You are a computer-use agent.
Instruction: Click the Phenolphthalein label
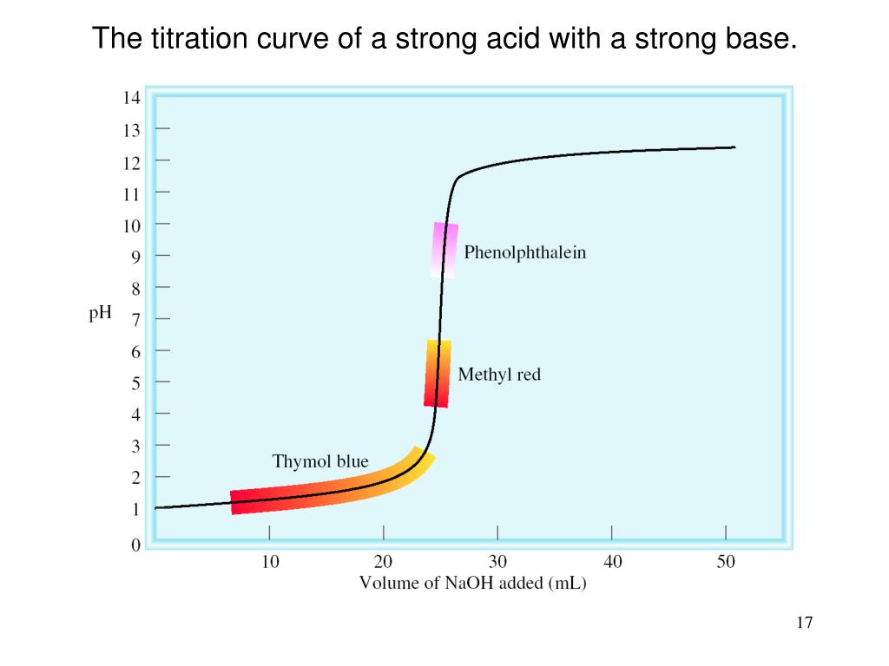click(x=524, y=252)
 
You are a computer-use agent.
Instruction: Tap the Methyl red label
click(x=499, y=375)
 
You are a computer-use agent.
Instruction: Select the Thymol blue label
click(x=320, y=461)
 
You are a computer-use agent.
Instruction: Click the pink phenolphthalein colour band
click(x=444, y=250)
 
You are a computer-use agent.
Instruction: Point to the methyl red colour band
click(x=438, y=374)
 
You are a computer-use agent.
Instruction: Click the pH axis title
click(x=101, y=314)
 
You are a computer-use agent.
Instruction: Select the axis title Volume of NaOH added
click(x=473, y=584)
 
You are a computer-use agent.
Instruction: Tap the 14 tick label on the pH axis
click(x=131, y=98)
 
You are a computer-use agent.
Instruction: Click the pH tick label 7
click(x=135, y=319)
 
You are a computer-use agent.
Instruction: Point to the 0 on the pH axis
click(x=135, y=545)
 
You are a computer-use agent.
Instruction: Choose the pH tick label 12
click(x=131, y=162)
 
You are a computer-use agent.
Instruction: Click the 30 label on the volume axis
click(x=497, y=562)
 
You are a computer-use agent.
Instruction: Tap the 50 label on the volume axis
click(x=726, y=562)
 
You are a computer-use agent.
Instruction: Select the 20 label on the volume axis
click(x=384, y=562)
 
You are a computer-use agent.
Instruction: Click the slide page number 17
click(x=803, y=623)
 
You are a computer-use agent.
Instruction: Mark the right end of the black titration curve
click(x=734, y=147)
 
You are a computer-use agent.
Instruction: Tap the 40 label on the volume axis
click(x=612, y=562)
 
